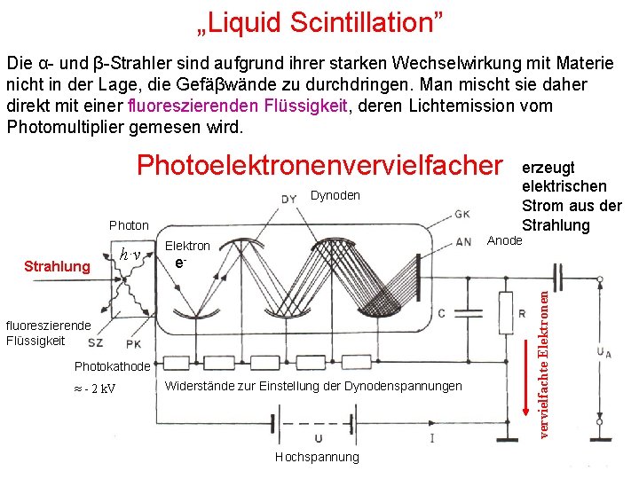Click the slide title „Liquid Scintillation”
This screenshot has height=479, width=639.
pos(319,21)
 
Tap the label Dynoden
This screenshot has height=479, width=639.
pos(335,195)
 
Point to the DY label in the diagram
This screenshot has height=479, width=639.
pos(289,199)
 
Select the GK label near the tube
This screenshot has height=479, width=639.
pos(463,214)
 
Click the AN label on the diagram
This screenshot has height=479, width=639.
pos(463,241)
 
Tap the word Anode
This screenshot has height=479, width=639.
pos(505,240)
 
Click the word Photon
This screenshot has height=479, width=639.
pos(129,226)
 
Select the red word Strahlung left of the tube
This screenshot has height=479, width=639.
pos(57,266)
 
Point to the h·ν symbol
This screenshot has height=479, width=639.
pos(130,255)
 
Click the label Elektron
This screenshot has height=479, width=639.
pos(188,246)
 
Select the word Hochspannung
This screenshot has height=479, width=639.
pos(317,457)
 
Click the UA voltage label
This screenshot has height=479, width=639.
pos(604,354)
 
